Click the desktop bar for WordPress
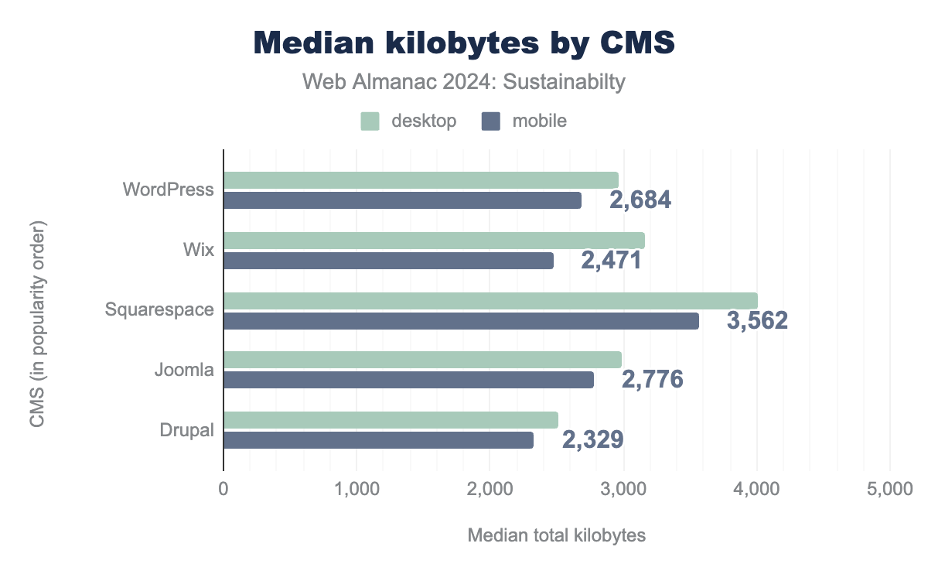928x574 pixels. [x=421, y=179]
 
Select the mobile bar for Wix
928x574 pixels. [x=388, y=261]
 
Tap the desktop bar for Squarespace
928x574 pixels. [x=490, y=300]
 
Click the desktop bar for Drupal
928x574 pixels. [x=391, y=420]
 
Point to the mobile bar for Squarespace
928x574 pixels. [x=461, y=320]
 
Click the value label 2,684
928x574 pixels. [x=640, y=200]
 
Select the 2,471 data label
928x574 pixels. [x=611, y=260]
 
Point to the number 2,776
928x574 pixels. [x=652, y=379]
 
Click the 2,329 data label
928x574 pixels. [x=592, y=439]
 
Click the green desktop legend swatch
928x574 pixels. [x=370, y=121]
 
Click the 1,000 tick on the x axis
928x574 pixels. [x=357, y=489]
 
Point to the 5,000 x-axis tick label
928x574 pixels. [x=889, y=489]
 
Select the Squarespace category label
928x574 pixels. [x=159, y=309]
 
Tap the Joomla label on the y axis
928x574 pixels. [x=184, y=370]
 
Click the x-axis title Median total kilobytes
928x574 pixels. [x=556, y=535]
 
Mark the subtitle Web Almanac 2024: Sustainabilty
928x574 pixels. [x=463, y=82]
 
